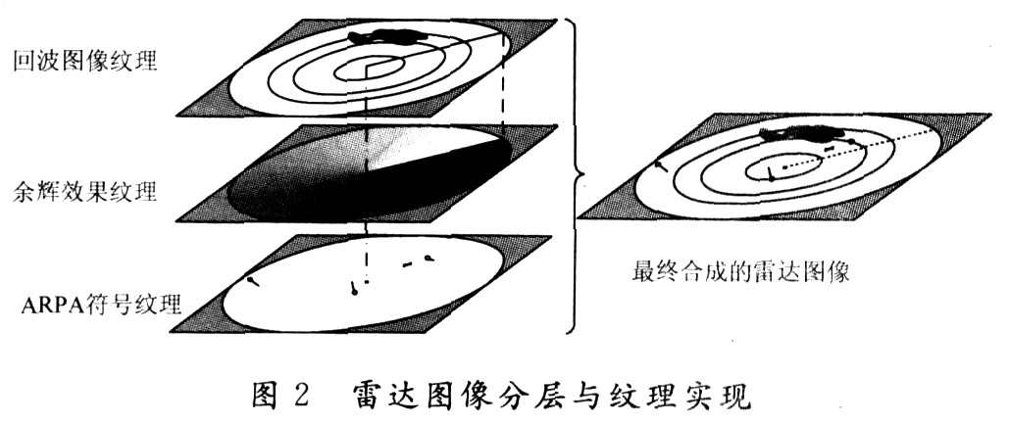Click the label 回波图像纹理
click(85, 62)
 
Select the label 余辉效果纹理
click(85, 192)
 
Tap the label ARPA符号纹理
click(101, 304)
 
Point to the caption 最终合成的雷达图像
click(741, 271)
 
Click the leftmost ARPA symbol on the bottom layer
click(254, 281)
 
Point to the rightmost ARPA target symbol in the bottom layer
click(428, 260)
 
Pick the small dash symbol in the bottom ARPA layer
click(407, 263)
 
